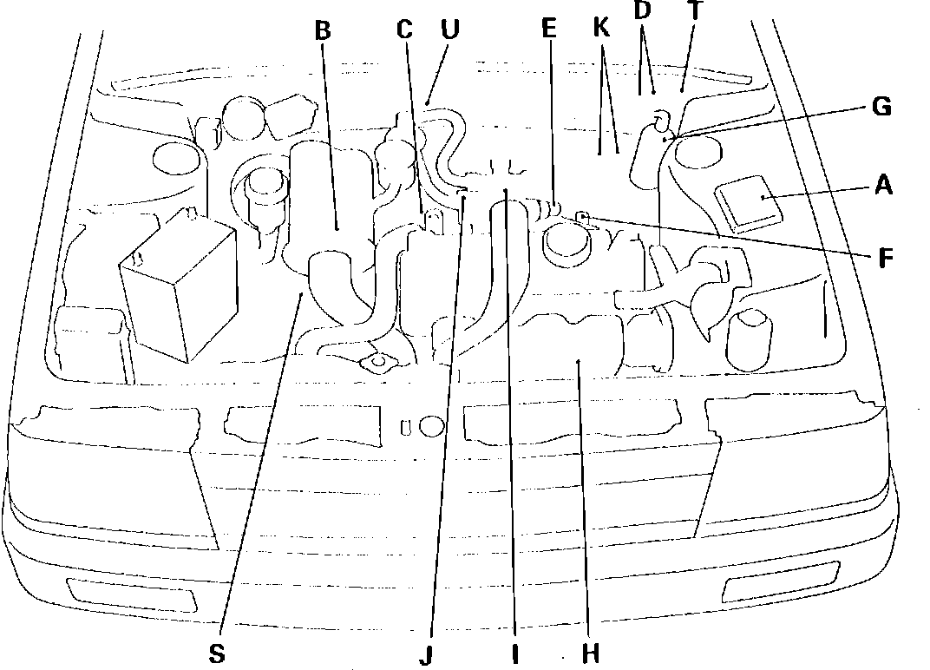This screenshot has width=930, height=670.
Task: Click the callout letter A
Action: [x=883, y=185]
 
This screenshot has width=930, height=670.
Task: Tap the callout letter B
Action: [x=323, y=32]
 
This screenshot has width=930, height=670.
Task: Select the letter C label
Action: [x=404, y=30]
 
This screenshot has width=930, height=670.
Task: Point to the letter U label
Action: [x=449, y=30]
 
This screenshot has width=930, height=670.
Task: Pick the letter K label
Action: [x=602, y=29]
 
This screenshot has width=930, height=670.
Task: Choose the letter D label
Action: [x=642, y=11]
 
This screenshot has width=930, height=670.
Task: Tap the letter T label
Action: [x=694, y=11]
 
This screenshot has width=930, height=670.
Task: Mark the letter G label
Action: [x=882, y=108]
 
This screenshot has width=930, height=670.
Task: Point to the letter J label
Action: [x=425, y=655]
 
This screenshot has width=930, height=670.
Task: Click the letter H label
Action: [x=590, y=652]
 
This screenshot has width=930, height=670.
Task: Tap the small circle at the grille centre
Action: [x=431, y=426]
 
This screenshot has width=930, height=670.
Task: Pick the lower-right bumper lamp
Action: [x=781, y=581]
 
